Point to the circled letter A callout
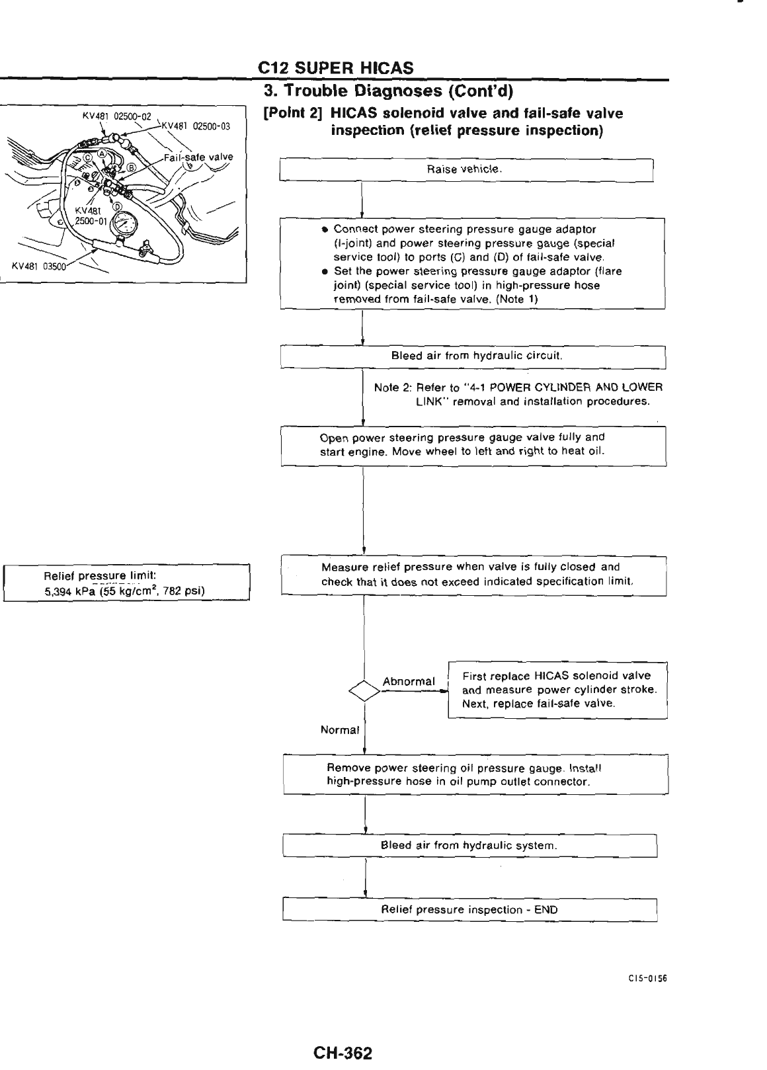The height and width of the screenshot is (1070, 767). coord(101,153)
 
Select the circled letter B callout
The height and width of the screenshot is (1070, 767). coord(131,167)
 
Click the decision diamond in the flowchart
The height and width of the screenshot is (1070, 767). coord(364,690)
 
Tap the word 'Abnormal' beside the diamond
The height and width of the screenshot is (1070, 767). coord(409,681)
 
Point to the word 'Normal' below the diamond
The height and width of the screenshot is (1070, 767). coord(339,731)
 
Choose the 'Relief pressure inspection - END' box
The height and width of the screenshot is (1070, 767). coord(469,909)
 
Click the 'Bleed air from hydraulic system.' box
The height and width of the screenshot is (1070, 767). coord(469,846)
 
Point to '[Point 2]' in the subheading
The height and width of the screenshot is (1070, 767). coord(284,114)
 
